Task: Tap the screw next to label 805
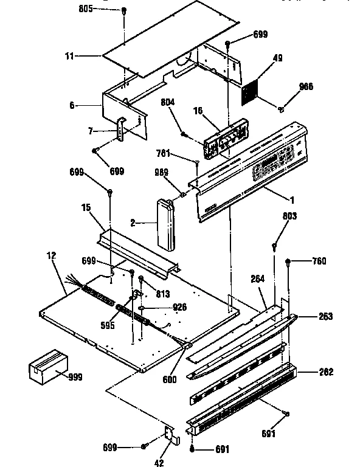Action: (123, 11)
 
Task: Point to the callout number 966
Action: (306, 87)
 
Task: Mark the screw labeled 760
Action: (288, 261)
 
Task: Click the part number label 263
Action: (325, 317)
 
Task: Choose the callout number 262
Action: (325, 372)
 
